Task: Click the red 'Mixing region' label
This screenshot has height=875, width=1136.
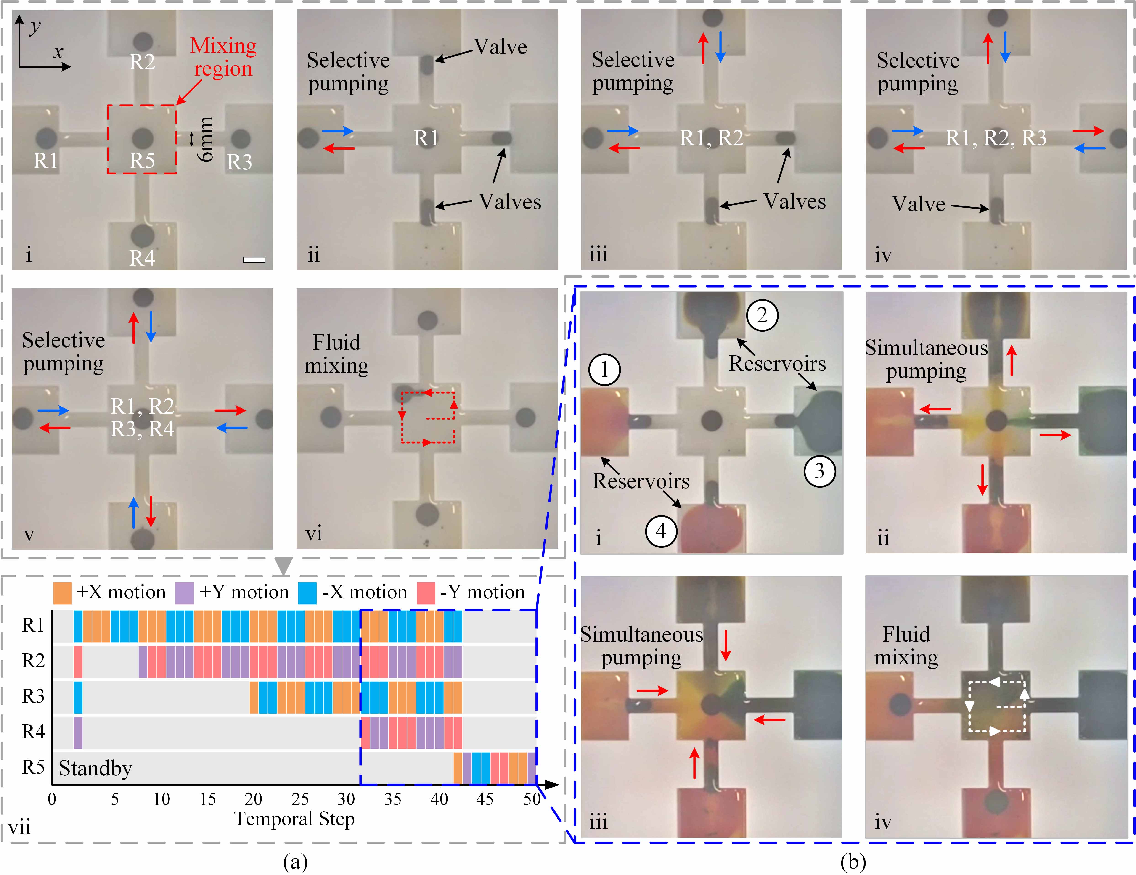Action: [223, 57]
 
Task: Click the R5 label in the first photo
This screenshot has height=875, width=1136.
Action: [142, 161]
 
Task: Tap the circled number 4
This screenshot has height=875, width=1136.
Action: [661, 531]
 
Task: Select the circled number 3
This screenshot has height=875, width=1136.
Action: [820, 471]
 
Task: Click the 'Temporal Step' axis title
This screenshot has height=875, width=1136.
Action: [294, 819]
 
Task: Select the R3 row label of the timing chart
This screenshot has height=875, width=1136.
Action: [33, 696]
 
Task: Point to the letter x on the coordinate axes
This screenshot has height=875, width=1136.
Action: [58, 52]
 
